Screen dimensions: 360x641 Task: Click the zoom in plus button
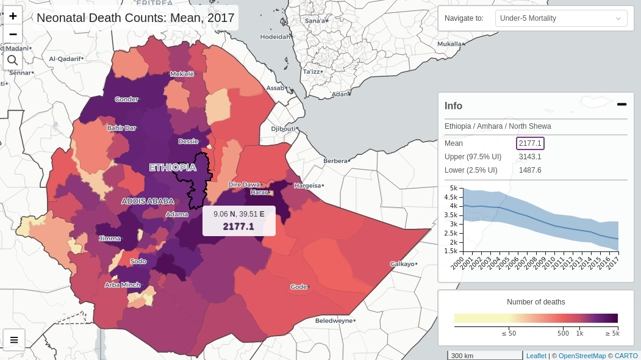pyautogui.click(x=13, y=16)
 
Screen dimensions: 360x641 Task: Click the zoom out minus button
pyautogui.click(x=13, y=34)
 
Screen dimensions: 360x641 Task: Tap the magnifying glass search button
pyautogui.click(x=13, y=60)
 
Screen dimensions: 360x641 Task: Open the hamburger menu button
pyautogui.click(x=13, y=340)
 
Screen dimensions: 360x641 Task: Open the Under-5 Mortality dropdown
pyautogui.click(x=560, y=18)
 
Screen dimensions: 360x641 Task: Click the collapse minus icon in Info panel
pyautogui.click(x=621, y=104)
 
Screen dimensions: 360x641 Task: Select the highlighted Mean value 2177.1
pyautogui.click(x=530, y=143)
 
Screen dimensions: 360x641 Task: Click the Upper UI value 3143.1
pyautogui.click(x=530, y=157)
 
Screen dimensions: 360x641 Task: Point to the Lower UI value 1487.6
pyautogui.click(x=530, y=170)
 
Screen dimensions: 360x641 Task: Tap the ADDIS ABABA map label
pyautogui.click(x=148, y=201)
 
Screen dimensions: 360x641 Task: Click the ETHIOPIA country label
pyautogui.click(x=173, y=167)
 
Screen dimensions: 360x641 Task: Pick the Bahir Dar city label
pyautogui.click(x=121, y=128)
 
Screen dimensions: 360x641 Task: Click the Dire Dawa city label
pyautogui.click(x=244, y=184)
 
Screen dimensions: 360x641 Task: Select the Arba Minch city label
pyautogui.click(x=122, y=285)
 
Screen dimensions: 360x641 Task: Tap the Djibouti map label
pyautogui.click(x=284, y=129)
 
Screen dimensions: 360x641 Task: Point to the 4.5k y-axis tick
pyautogui.click(x=451, y=197)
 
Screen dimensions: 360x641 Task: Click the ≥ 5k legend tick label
pyautogui.click(x=612, y=334)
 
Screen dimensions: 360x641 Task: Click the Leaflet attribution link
pyautogui.click(x=536, y=356)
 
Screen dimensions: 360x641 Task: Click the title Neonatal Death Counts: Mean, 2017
pyautogui.click(x=135, y=18)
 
